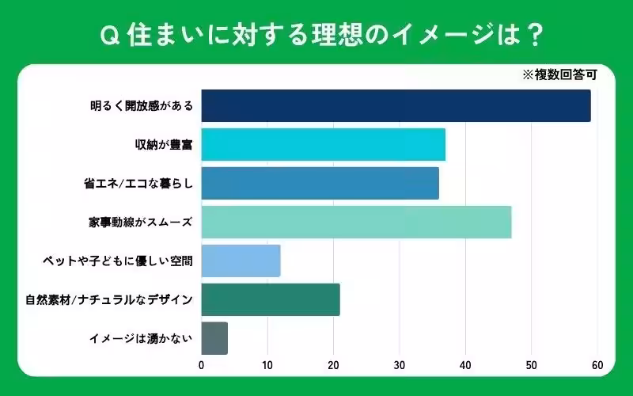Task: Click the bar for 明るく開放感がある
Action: tap(396, 105)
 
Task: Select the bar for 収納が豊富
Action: tap(323, 144)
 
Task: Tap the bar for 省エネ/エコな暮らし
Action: tap(320, 183)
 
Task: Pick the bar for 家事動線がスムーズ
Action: tap(356, 222)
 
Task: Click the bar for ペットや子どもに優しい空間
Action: tap(241, 261)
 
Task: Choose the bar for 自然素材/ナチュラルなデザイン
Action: tap(271, 299)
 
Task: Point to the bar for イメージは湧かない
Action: tap(214, 338)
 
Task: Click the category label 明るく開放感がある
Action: tap(142, 105)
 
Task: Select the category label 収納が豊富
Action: tap(164, 144)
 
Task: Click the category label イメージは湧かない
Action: tap(140, 338)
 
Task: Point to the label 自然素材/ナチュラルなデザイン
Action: tap(108, 299)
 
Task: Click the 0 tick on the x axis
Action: tap(202, 365)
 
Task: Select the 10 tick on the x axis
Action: tap(267, 365)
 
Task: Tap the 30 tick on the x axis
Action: tap(400, 365)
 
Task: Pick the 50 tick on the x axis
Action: tap(531, 365)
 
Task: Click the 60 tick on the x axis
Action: tap(597, 365)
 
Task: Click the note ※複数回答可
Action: tap(559, 77)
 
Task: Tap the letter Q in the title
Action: tap(111, 34)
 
